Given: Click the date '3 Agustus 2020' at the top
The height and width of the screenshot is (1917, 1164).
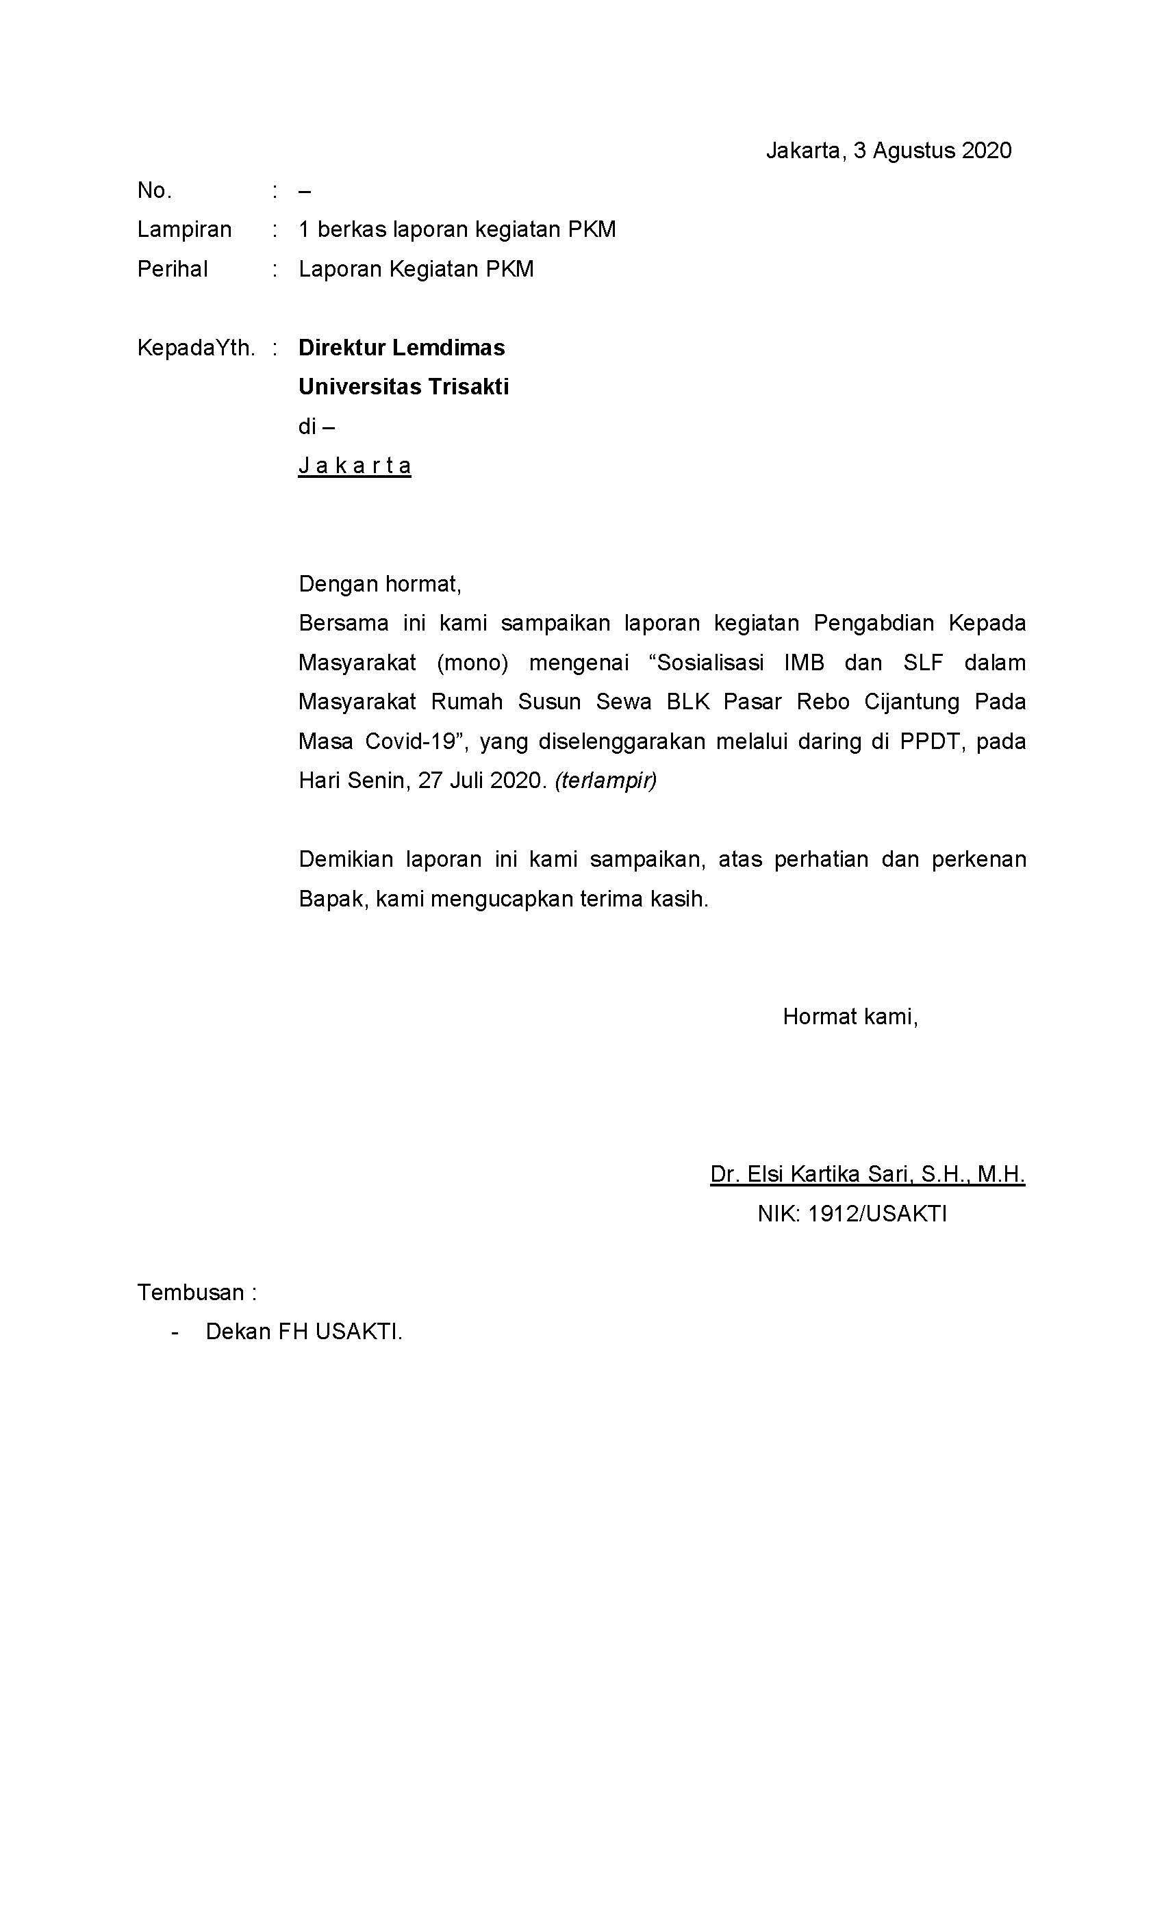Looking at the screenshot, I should coord(931,150).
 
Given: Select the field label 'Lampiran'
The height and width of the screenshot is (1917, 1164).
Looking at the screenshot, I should coord(184,229).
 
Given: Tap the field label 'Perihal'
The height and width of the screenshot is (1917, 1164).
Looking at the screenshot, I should coord(172,269).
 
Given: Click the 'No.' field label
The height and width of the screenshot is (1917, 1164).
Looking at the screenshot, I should coord(154,190).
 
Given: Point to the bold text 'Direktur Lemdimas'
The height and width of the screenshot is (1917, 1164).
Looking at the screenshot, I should coord(401,347).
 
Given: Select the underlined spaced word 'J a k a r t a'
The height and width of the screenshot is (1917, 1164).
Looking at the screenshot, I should coord(355,466).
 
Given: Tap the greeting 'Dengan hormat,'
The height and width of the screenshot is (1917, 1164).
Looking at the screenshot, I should coord(380,583).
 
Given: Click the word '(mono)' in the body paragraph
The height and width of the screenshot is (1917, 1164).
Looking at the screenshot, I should coord(472,663).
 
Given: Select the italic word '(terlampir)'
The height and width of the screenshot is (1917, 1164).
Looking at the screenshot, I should coord(605,780).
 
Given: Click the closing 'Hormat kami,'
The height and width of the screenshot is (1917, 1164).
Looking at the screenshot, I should coord(850,1016).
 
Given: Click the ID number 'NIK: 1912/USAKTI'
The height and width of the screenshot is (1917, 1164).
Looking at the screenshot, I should coord(852,1214).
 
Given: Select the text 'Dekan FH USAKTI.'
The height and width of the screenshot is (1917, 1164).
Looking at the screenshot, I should coord(303,1331).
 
